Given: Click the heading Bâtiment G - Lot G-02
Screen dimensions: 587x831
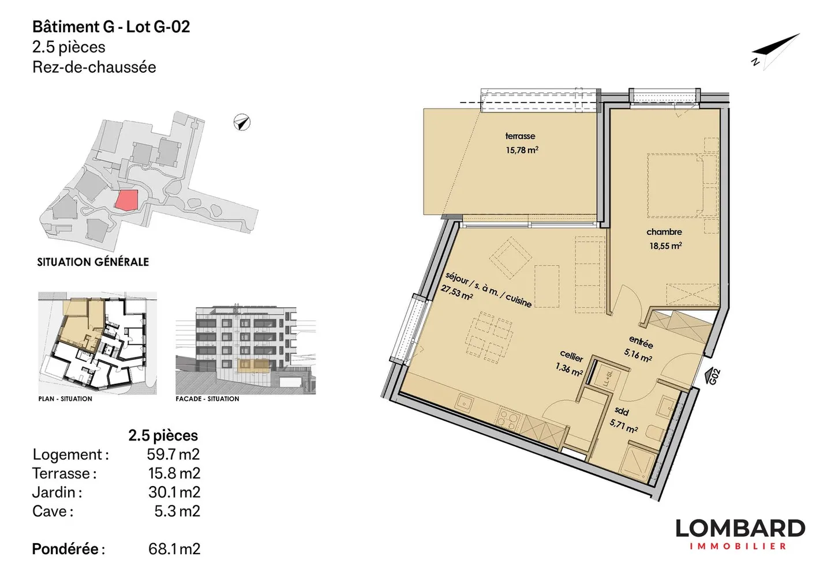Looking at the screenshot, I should pos(111,27).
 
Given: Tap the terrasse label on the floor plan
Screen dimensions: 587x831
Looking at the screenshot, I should pos(520,136).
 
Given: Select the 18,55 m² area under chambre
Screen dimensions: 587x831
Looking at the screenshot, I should pos(665,246).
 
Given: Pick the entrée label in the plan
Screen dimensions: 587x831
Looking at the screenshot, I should pos(641,343).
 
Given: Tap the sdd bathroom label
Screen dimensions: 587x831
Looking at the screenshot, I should pos(622,411).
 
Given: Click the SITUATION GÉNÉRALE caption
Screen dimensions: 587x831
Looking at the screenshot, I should pos(93,262).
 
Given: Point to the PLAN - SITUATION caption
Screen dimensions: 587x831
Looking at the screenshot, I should pos(65,398).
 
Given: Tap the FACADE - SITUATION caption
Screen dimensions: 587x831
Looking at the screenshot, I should pos(207,398).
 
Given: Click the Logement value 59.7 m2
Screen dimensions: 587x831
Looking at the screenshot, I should pos(173,454).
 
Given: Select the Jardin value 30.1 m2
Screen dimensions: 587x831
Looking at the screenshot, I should pos(174,492).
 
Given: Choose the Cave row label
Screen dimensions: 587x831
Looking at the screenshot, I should pos(53,511).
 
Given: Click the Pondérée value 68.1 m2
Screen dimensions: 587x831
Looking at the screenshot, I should pos(174,549).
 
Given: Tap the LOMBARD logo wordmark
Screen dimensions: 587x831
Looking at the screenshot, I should pos(740,529).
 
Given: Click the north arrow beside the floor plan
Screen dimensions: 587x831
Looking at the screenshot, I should pos(776,51).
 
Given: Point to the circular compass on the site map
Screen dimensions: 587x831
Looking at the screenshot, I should pos(242,122).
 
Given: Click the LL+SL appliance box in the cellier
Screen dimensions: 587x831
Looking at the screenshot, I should pos(607,378).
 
